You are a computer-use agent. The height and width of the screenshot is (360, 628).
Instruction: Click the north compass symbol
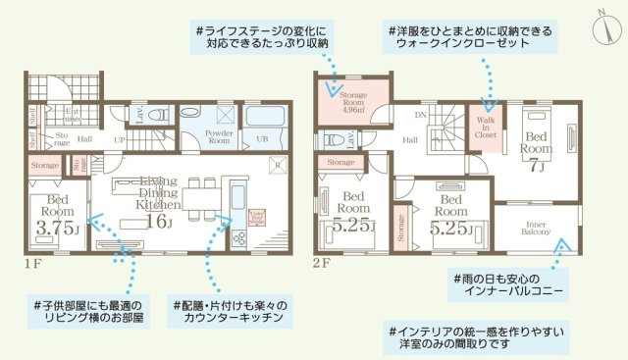coord(601,25)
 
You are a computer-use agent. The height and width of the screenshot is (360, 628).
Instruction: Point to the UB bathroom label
coord(262,139)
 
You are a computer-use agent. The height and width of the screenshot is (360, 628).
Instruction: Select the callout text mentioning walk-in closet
coord(469,38)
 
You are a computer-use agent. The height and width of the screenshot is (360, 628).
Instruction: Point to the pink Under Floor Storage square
coord(257,216)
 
